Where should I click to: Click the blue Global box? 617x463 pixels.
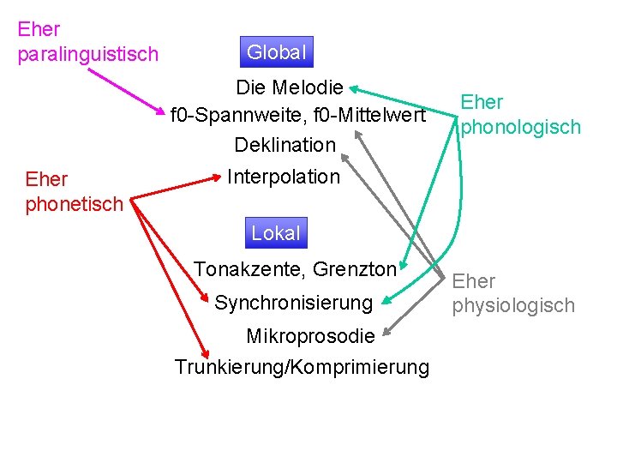click(x=276, y=52)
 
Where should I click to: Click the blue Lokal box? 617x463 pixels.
click(x=276, y=232)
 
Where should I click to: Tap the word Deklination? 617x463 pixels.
click(x=285, y=144)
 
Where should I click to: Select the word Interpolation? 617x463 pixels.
click(x=284, y=177)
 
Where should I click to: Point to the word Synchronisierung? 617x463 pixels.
click(x=293, y=303)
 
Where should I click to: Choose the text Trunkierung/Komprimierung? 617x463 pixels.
click(x=302, y=367)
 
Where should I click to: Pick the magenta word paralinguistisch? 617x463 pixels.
click(x=88, y=54)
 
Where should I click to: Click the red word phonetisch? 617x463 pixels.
click(x=75, y=204)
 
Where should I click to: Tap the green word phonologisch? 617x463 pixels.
click(x=521, y=127)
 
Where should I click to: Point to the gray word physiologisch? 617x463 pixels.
click(x=513, y=305)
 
